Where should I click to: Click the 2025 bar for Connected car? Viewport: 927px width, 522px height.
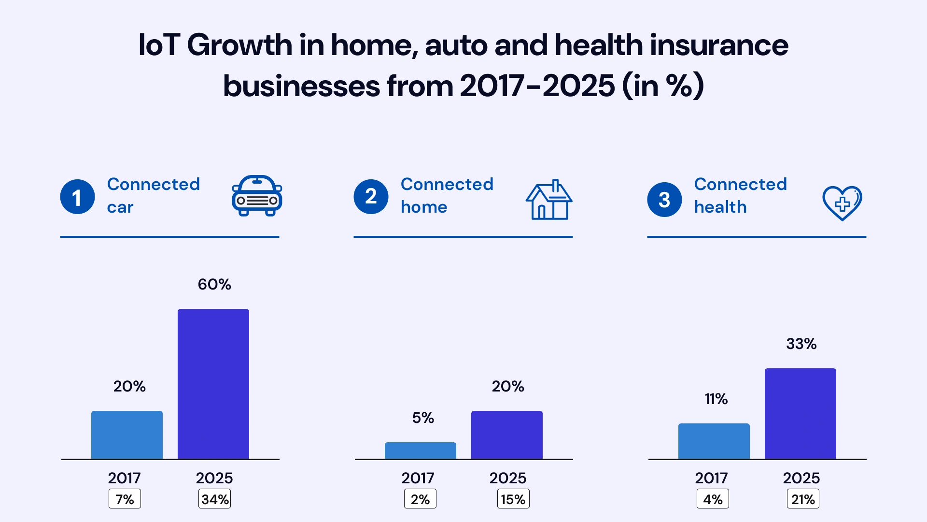pyautogui.click(x=213, y=384)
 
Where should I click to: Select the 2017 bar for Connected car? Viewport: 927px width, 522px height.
pyautogui.click(x=127, y=435)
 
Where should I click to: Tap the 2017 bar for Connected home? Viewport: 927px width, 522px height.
pyautogui.click(x=421, y=450)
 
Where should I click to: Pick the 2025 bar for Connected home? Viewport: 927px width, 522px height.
pyautogui.click(x=507, y=435)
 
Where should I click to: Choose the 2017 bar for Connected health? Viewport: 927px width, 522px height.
pyautogui.click(x=714, y=441)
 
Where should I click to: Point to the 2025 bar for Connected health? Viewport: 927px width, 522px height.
pyautogui.click(x=801, y=413)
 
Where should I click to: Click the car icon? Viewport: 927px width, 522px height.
pyautogui.click(x=257, y=196)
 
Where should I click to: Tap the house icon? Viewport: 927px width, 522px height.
pyautogui.click(x=549, y=200)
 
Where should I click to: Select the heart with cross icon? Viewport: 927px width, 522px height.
pyautogui.click(x=842, y=203)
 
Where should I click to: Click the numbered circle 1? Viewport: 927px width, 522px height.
pyautogui.click(x=77, y=197)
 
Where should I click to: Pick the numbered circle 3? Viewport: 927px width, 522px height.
pyautogui.click(x=664, y=200)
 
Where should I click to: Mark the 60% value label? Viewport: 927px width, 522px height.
pyautogui.click(x=214, y=284)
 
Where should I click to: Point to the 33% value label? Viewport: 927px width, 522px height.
pyautogui.click(x=801, y=344)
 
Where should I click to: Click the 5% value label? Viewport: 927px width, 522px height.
pyautogui.click(x=423, y=418)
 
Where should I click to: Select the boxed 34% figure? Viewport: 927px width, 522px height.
pyautogui.click(x=215, y=499)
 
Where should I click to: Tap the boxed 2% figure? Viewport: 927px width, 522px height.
pyautogui.click(x=420, y=499)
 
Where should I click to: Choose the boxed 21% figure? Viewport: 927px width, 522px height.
pyautogui.click(x=802, y=499)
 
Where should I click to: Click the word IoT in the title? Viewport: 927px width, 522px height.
pyautogui.click(x=159, y=45)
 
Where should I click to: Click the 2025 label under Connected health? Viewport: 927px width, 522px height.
pyautogui.click(x=801, y=478)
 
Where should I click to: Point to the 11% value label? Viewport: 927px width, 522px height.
pyautogui.click(x=716, y=399)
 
